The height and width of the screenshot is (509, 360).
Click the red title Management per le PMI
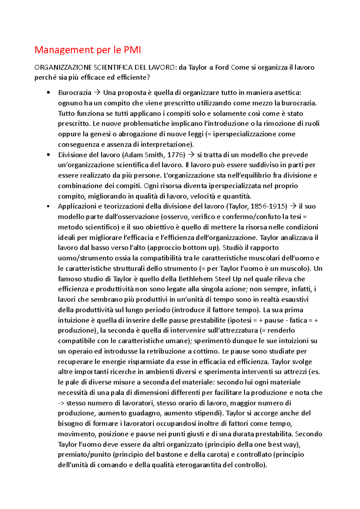(88, 50)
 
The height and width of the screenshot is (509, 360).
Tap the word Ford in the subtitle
(222, 67)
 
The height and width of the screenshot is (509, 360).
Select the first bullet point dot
(48, 93)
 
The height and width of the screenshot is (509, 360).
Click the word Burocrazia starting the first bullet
(75, 93)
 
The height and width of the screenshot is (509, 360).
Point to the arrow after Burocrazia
(97, 93)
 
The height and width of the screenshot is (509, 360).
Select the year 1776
(174, 155)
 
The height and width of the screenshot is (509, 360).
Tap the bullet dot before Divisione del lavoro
(48, 155)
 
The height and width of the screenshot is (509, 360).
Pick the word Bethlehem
(196, 279)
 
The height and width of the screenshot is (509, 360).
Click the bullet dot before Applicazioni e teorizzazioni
(48, 206)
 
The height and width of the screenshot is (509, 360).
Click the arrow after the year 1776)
(191, 155)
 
